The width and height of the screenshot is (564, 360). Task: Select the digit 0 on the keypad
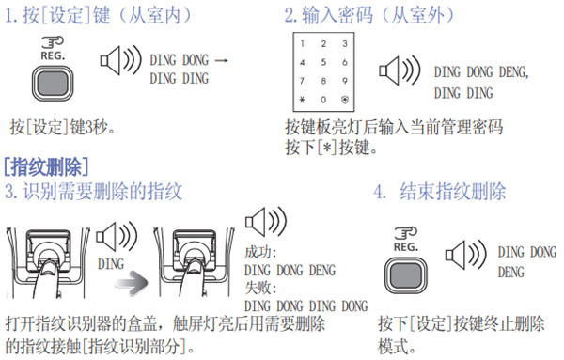tap(323, 99)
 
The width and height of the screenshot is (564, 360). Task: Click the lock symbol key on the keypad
tap(345, 99)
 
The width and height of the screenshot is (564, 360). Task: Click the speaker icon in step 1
tap(115, 66)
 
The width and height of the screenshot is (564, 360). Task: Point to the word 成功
tap(257, 253)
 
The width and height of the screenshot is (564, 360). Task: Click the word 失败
tap(257, 289)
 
